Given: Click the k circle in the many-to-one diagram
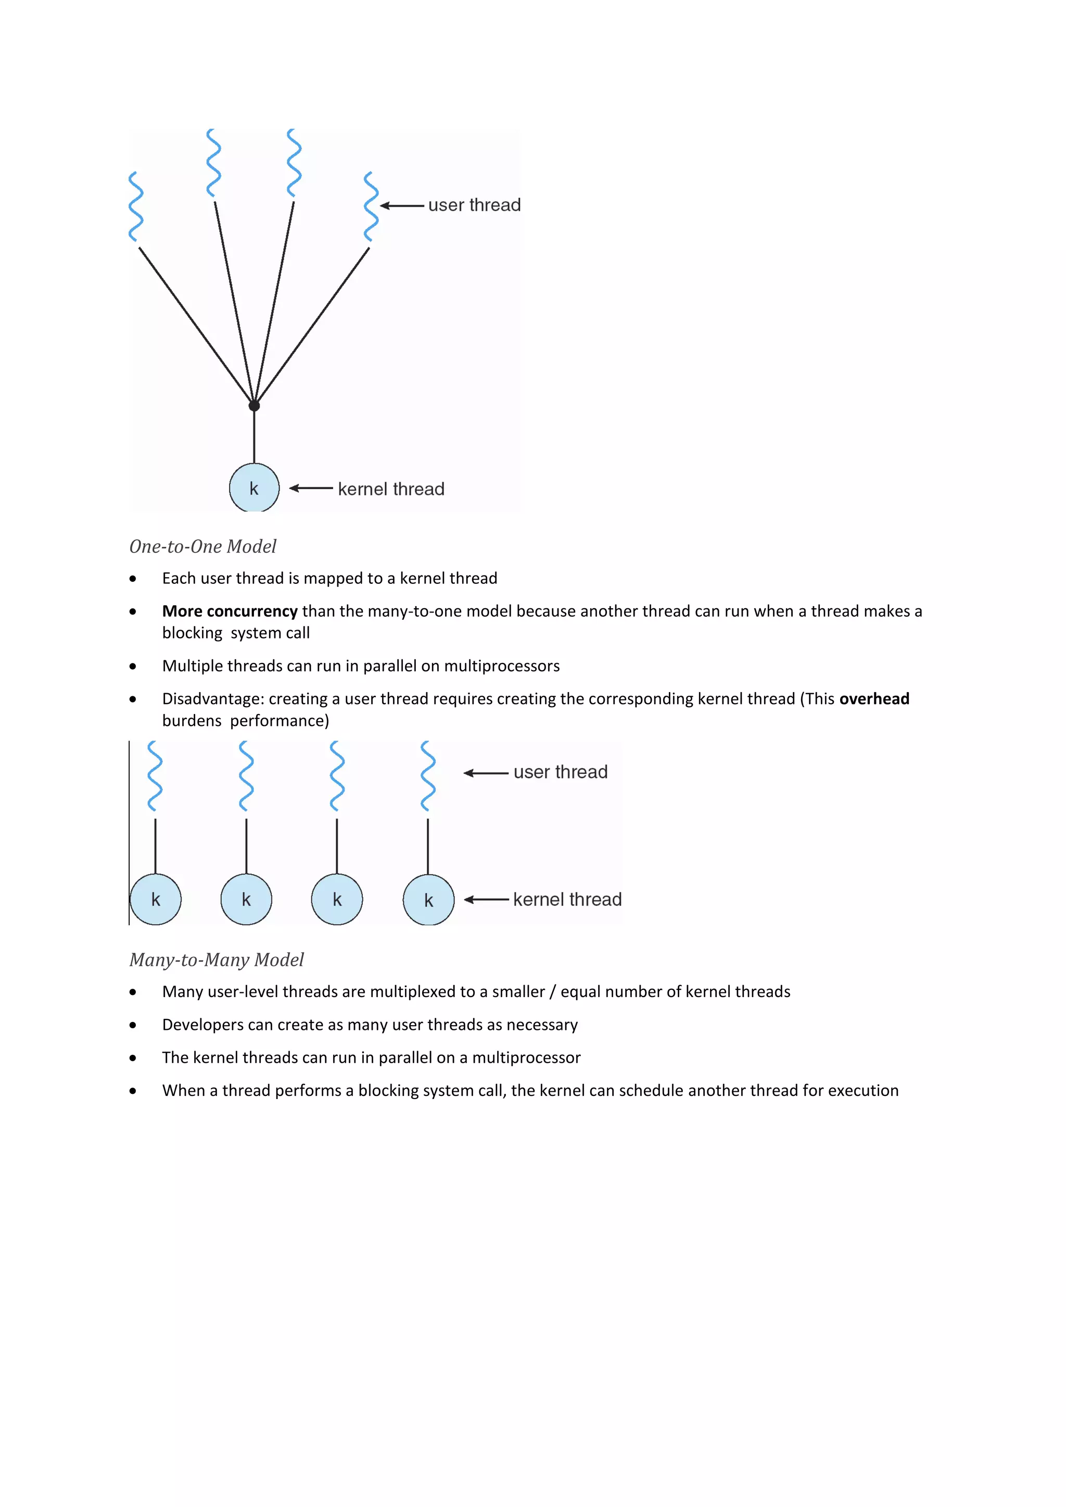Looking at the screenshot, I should coord(254,488).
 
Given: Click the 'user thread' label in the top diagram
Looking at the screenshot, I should coord(474,206).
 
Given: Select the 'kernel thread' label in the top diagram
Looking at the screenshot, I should coord(391,489).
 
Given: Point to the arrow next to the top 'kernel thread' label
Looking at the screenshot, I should coord(311,488).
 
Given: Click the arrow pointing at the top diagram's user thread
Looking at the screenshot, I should coord(402,206).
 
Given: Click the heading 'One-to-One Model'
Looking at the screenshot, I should coord(203,546).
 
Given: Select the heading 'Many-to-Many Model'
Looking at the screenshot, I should coord(217,960).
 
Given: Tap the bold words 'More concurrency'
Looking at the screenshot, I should coord(230,611).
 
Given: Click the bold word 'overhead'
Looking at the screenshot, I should coord(874,698).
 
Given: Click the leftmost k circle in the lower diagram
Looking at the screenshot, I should coord(156,899).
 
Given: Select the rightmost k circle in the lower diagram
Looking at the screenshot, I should coord(428,900).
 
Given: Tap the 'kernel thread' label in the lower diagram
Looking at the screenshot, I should coord(567,899).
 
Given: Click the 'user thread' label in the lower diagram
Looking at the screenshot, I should coord(560,772).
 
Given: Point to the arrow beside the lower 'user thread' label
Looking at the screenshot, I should coord(486,773).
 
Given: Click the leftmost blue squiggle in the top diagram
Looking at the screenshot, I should coord(136,206).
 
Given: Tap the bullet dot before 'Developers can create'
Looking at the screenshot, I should coord(133,1025).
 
